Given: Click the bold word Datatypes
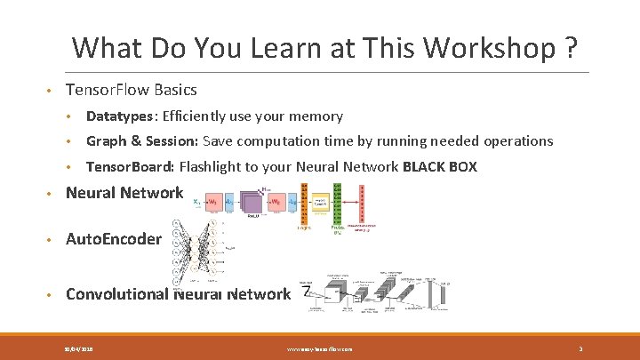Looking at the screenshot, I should coord(119,116).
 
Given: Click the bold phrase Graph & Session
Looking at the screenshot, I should coord(141,141).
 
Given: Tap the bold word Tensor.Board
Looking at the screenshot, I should coord(131,167).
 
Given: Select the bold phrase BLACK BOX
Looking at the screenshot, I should coord(440,167).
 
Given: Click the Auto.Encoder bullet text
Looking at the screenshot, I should coord(114,239).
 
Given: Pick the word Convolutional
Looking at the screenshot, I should coord(117,294).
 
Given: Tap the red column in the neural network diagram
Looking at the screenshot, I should coord(361,204).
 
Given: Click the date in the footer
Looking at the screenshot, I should coord(80,349).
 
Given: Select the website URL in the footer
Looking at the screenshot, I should coord(320,349).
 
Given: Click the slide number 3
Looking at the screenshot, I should coord(580,349).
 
